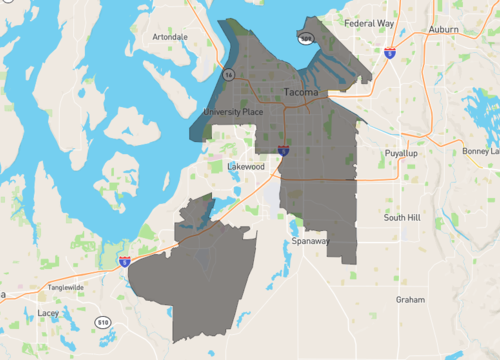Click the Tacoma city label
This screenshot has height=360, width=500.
coord(301,92)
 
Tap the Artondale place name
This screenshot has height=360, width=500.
coord(170,37)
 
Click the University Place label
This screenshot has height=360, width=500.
coord(233,111)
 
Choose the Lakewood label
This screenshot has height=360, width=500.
coord(246,166)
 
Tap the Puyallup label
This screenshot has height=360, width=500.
coord(401,153)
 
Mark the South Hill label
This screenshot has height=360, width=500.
coord(404,217)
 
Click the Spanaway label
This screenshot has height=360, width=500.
coord(311,242)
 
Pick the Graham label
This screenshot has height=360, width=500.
coord(410,299)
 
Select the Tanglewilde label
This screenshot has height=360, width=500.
coord(68,287)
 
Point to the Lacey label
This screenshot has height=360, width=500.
coord(48,313)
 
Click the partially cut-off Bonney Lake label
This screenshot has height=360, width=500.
coord(480,151)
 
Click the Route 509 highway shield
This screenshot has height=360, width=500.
coord(305,38)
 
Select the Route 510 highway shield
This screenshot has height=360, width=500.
coord(103,322)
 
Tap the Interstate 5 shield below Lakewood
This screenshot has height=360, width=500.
coord(284,151)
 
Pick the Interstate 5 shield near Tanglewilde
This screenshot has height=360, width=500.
coord(124,262)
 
